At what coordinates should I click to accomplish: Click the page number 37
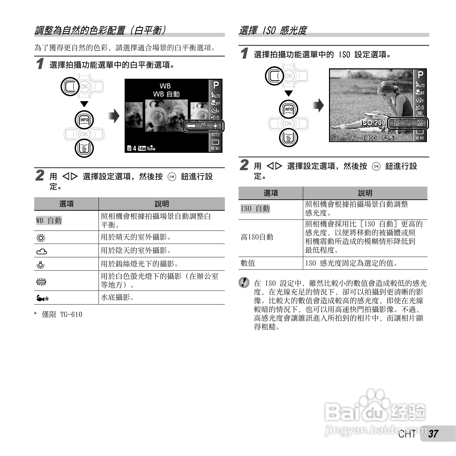click(433, 434)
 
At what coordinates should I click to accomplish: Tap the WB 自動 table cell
click(49, 220)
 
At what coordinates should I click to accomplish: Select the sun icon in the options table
click(41, 238)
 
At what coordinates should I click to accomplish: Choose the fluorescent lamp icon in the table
click(41, 281)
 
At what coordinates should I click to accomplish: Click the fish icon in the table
click(42, 298)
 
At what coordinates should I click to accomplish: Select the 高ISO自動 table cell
click(257, 237)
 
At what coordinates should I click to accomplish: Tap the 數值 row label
click(248, 263)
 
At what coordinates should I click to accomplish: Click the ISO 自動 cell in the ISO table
click(255, 209)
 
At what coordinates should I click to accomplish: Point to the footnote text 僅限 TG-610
click(62, 315)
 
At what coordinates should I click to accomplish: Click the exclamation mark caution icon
click(244, 282)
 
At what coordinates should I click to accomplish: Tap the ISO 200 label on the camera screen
click(373, 123)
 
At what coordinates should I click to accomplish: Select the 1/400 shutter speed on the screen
click(369, 138)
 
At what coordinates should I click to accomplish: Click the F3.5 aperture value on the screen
click(388, 138)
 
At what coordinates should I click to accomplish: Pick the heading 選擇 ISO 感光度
click(273, 30)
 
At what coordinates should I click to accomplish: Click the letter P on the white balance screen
click(216, 85)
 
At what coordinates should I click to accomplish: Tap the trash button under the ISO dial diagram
click(288, 138)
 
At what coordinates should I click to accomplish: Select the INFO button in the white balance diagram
click(84, 120)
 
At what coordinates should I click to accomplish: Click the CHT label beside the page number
click(407, 434)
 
